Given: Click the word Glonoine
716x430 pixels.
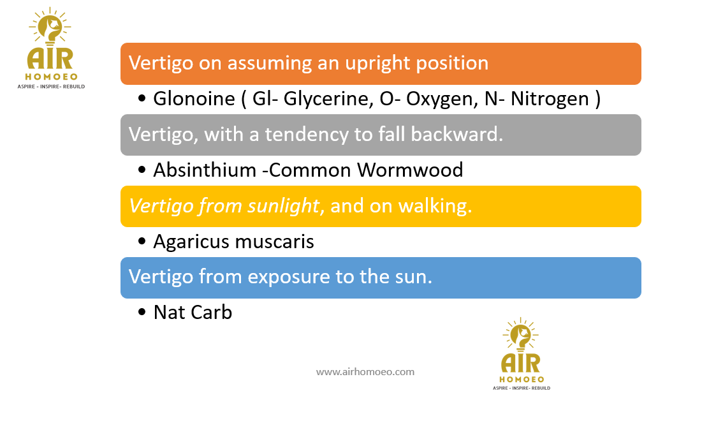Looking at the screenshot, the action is click(x=194, y=99).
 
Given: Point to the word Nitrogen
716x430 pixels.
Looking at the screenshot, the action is click(x=550, y=100).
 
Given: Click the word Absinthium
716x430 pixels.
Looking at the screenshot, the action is click(x=205, y=170).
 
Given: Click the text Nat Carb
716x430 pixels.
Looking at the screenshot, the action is click(x=193, y=313).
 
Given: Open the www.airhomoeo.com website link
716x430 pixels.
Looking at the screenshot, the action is click(x=365, y=372).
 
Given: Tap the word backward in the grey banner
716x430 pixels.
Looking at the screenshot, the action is click(x=457, y=135).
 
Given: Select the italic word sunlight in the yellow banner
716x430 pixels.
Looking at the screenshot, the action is click(x=283, y=206).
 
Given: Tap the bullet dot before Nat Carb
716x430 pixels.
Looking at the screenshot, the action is click(x=142, y=313).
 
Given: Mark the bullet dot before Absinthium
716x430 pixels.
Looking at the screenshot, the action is click(x=142, y=170).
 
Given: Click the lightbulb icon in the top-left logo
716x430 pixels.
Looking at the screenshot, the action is click(x=50, y=27).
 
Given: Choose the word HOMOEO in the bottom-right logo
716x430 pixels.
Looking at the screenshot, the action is click(x=522, y=379).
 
